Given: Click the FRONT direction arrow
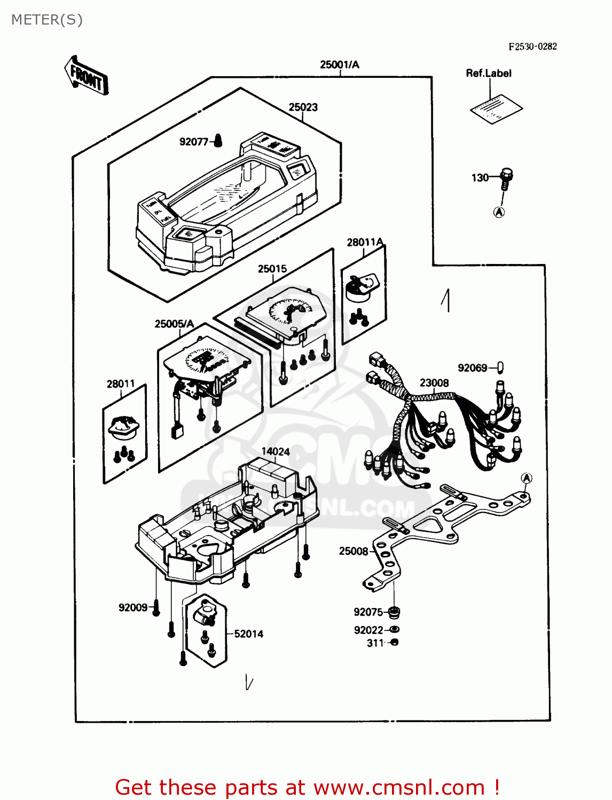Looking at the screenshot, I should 86,76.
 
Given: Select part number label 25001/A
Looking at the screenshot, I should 340,65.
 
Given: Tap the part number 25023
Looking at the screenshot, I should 303,107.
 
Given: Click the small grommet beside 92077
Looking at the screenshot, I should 217,140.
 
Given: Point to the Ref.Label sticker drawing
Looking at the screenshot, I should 496,109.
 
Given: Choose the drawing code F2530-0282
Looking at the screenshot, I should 532,46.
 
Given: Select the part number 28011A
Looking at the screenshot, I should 365,243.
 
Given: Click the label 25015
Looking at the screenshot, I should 272,269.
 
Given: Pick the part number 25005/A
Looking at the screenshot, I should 174,324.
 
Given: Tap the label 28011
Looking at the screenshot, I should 121,384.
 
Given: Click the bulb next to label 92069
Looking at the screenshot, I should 500,367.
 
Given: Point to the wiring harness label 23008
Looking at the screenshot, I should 434,383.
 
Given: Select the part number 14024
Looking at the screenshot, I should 276,452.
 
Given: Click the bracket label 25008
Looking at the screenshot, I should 354,551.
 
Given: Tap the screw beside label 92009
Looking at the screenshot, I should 156,608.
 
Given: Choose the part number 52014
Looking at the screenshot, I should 249,634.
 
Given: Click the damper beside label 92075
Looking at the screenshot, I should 395,612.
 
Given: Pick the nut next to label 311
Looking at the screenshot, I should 395,643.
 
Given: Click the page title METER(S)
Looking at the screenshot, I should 47,20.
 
